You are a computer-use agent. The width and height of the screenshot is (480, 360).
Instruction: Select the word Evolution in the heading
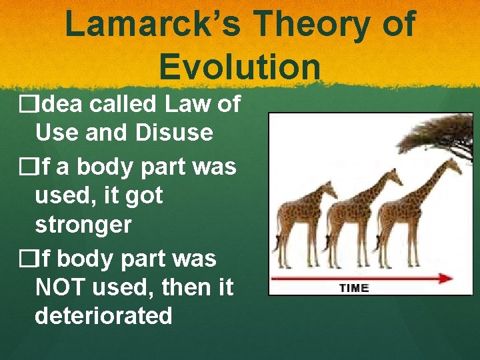[x=240, y=67]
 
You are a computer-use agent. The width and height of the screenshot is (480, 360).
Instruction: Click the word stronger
[x=83, y=225]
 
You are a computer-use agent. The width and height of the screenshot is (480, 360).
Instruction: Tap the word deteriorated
[x=103, y=315]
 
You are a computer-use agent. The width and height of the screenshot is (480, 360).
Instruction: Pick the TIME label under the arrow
[x=354, y=288]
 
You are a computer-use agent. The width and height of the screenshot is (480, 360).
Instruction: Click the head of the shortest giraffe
[x=331, y=188]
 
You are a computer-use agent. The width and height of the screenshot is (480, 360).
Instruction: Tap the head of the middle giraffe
[x=395, y=175]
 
